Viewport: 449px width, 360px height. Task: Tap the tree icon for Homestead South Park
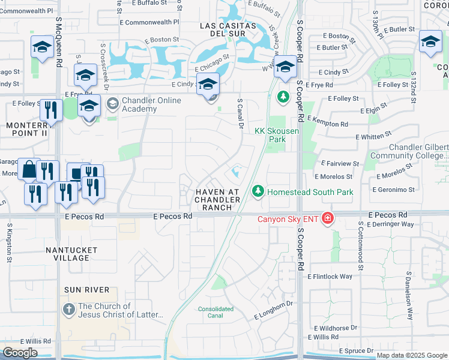[258, 191]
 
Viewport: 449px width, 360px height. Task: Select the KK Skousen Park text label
[268, 134]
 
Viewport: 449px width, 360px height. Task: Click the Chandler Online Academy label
[151, 104]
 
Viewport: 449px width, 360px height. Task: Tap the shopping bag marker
[29, 170]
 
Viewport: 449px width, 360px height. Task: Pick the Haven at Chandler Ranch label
[217, 199]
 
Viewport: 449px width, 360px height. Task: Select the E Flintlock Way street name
[330, 277]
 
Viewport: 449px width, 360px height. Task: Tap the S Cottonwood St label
[361, 243]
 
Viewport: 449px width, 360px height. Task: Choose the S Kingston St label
[10, 243]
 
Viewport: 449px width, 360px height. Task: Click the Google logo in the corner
[20, 352]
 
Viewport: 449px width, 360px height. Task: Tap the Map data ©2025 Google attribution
[412, 355]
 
